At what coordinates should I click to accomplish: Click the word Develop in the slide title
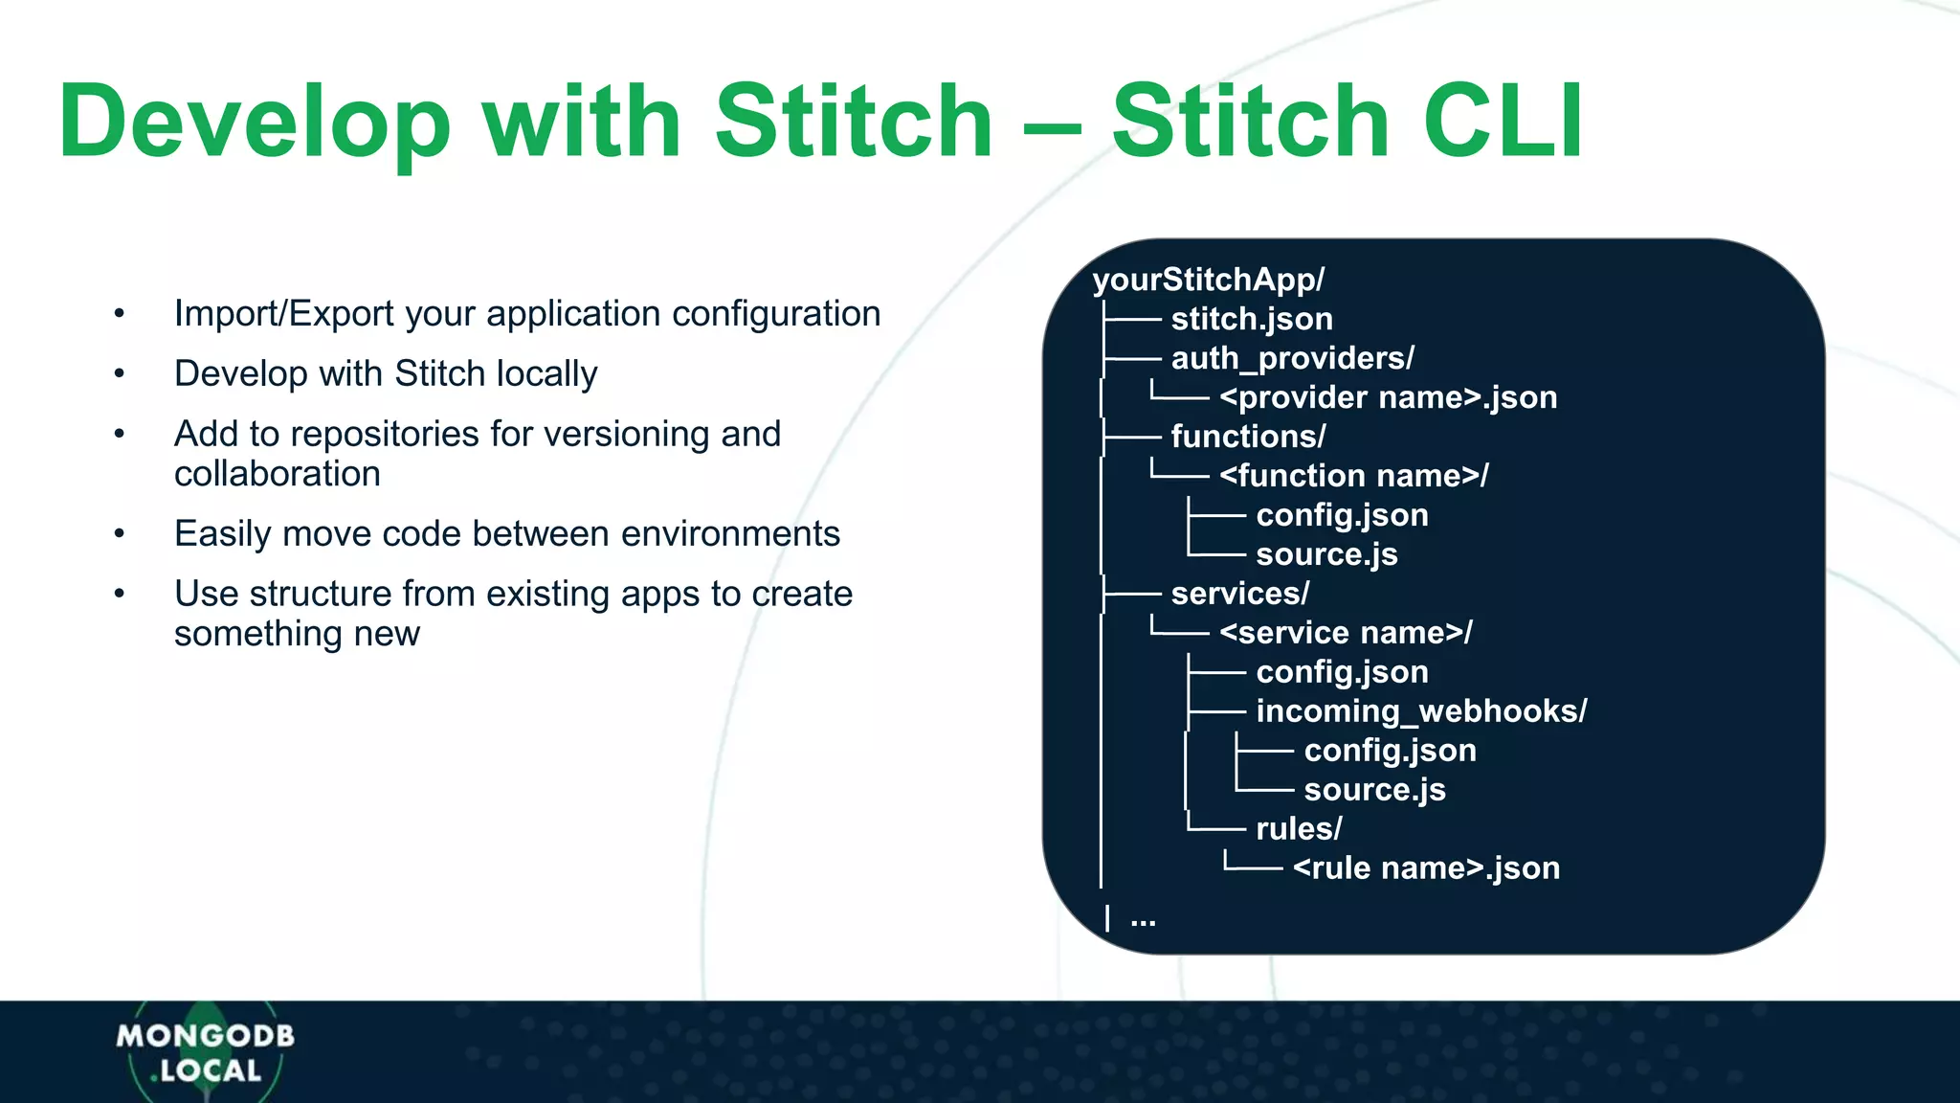click(x=254, y=122)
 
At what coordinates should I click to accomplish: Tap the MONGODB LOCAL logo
click(x=205, y=1052)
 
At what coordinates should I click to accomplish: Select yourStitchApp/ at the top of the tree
click(x=1208, y=280)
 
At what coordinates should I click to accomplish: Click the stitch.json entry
click(x=1251, y=319)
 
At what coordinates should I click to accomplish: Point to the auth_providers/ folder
click(x=1292, y=358)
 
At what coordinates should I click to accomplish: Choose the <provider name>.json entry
click(x=1388, y=397)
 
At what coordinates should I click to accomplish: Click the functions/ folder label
click(x=1248, y=437)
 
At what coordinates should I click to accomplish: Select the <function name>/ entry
click(x=1353, y=476)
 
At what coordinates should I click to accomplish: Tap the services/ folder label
click(x=1239, y=594)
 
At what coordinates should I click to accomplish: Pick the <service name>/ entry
click(x=1346, y=633)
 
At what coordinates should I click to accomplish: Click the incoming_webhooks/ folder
click(x=1421, y=711)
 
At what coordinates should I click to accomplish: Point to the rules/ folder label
click(x=1299, y=829)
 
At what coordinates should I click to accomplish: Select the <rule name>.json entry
click(x=1426, y=868)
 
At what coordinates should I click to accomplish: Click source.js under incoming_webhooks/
click(x=1374, y=790)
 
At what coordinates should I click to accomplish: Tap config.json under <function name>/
click(x=1342, y=515)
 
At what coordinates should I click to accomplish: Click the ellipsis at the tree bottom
click(x=1143, y=921)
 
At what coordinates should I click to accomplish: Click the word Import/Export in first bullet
click(x=283, y=314)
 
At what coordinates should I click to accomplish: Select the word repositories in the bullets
click(x=374, y=434)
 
